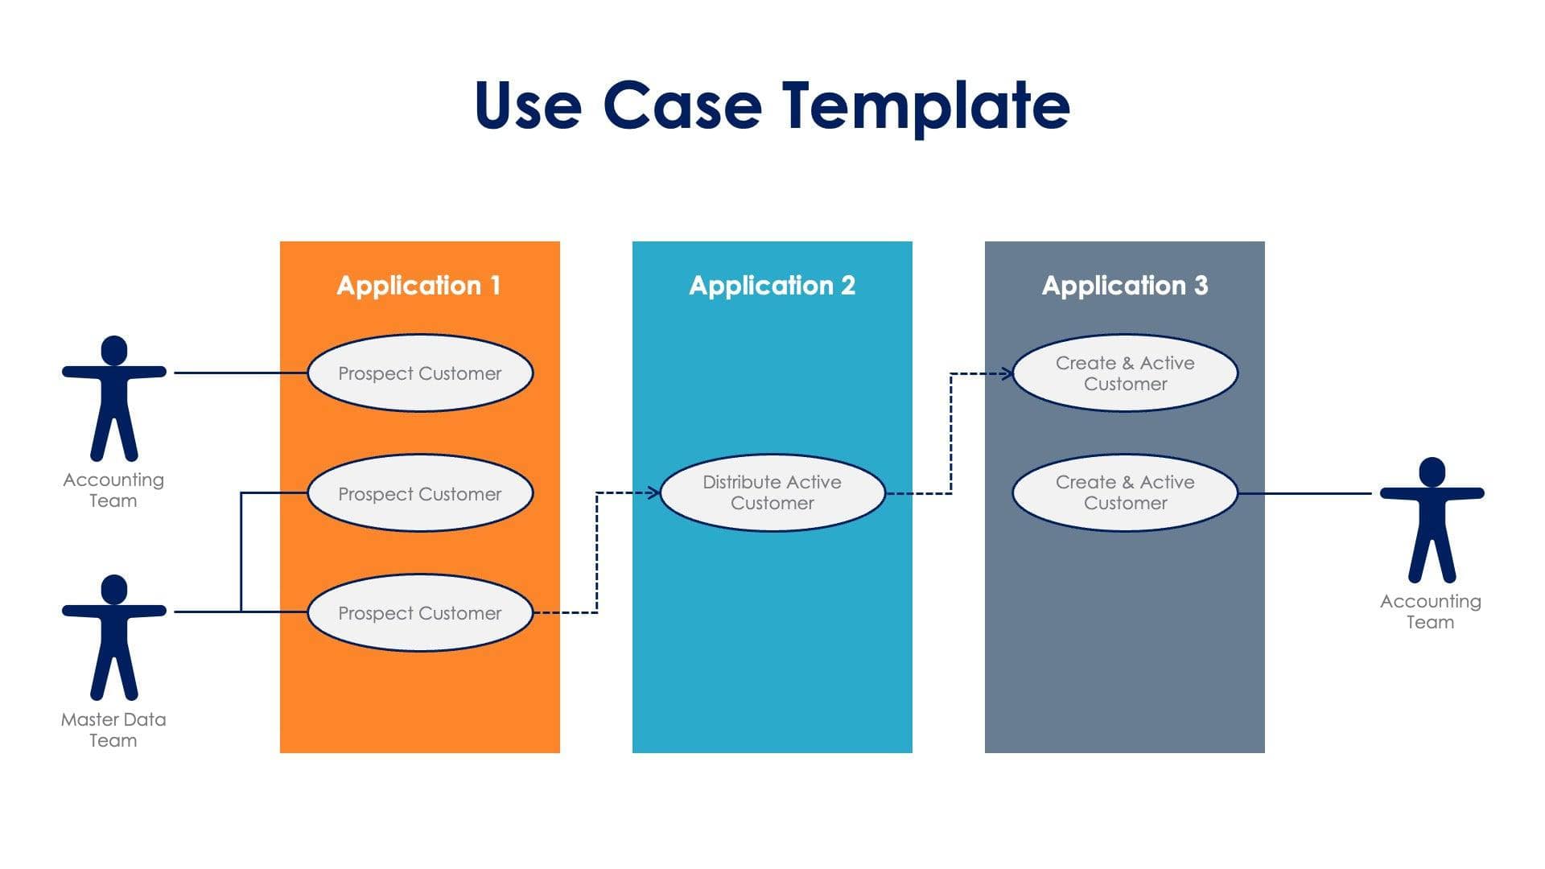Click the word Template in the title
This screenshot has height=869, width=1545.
click(925, 106)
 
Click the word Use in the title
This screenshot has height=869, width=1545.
click(527, 106)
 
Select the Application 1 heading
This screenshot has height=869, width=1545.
click(418, 286)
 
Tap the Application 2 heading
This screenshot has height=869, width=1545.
click(772, 286)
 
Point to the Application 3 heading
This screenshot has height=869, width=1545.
click(1124, 286)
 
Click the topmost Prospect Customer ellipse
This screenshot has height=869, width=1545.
click(419, 373)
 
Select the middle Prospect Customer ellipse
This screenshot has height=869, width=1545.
click(419, 493)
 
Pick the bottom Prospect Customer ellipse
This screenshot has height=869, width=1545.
click(419, 613)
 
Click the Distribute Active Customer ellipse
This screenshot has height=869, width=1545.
click(772, 492)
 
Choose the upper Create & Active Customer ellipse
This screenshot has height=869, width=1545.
click(1124, 373)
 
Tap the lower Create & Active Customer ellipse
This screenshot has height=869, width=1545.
click(1124, 492)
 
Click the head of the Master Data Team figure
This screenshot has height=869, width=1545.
click(114, 589)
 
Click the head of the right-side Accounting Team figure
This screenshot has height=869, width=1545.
click(1432, 472)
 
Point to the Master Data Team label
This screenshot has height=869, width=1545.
click(113, 730)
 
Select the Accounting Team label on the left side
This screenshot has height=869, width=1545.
click(113, 490)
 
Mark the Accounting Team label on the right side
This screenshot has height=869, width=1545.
click(1430, 612)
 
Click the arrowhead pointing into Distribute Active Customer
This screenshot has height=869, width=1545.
click(654, 492)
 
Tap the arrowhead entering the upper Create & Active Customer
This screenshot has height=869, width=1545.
click(1007, 373)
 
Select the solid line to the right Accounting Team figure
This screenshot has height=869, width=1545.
click(1304, 493)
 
